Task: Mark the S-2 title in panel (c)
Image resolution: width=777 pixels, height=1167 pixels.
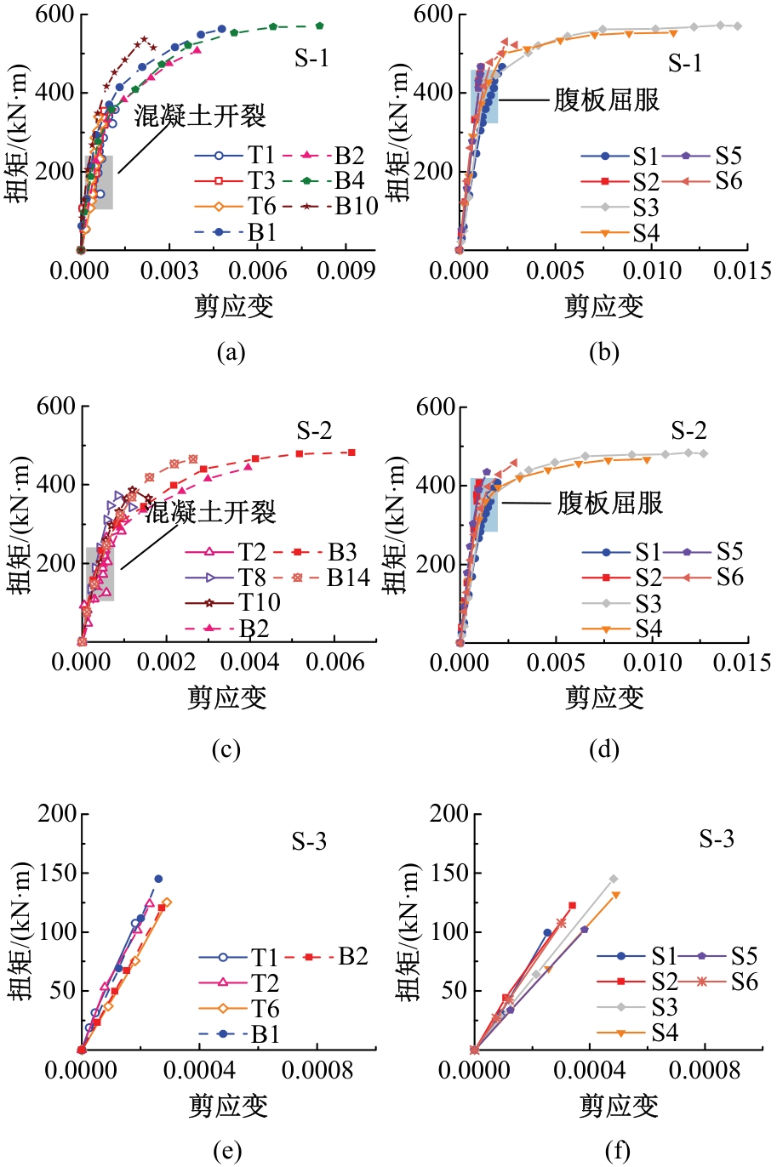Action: pos(314,431)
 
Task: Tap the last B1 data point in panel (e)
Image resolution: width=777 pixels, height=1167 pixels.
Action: pos(158,879)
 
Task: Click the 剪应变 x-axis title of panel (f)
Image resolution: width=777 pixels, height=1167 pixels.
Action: pos(619,1106)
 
